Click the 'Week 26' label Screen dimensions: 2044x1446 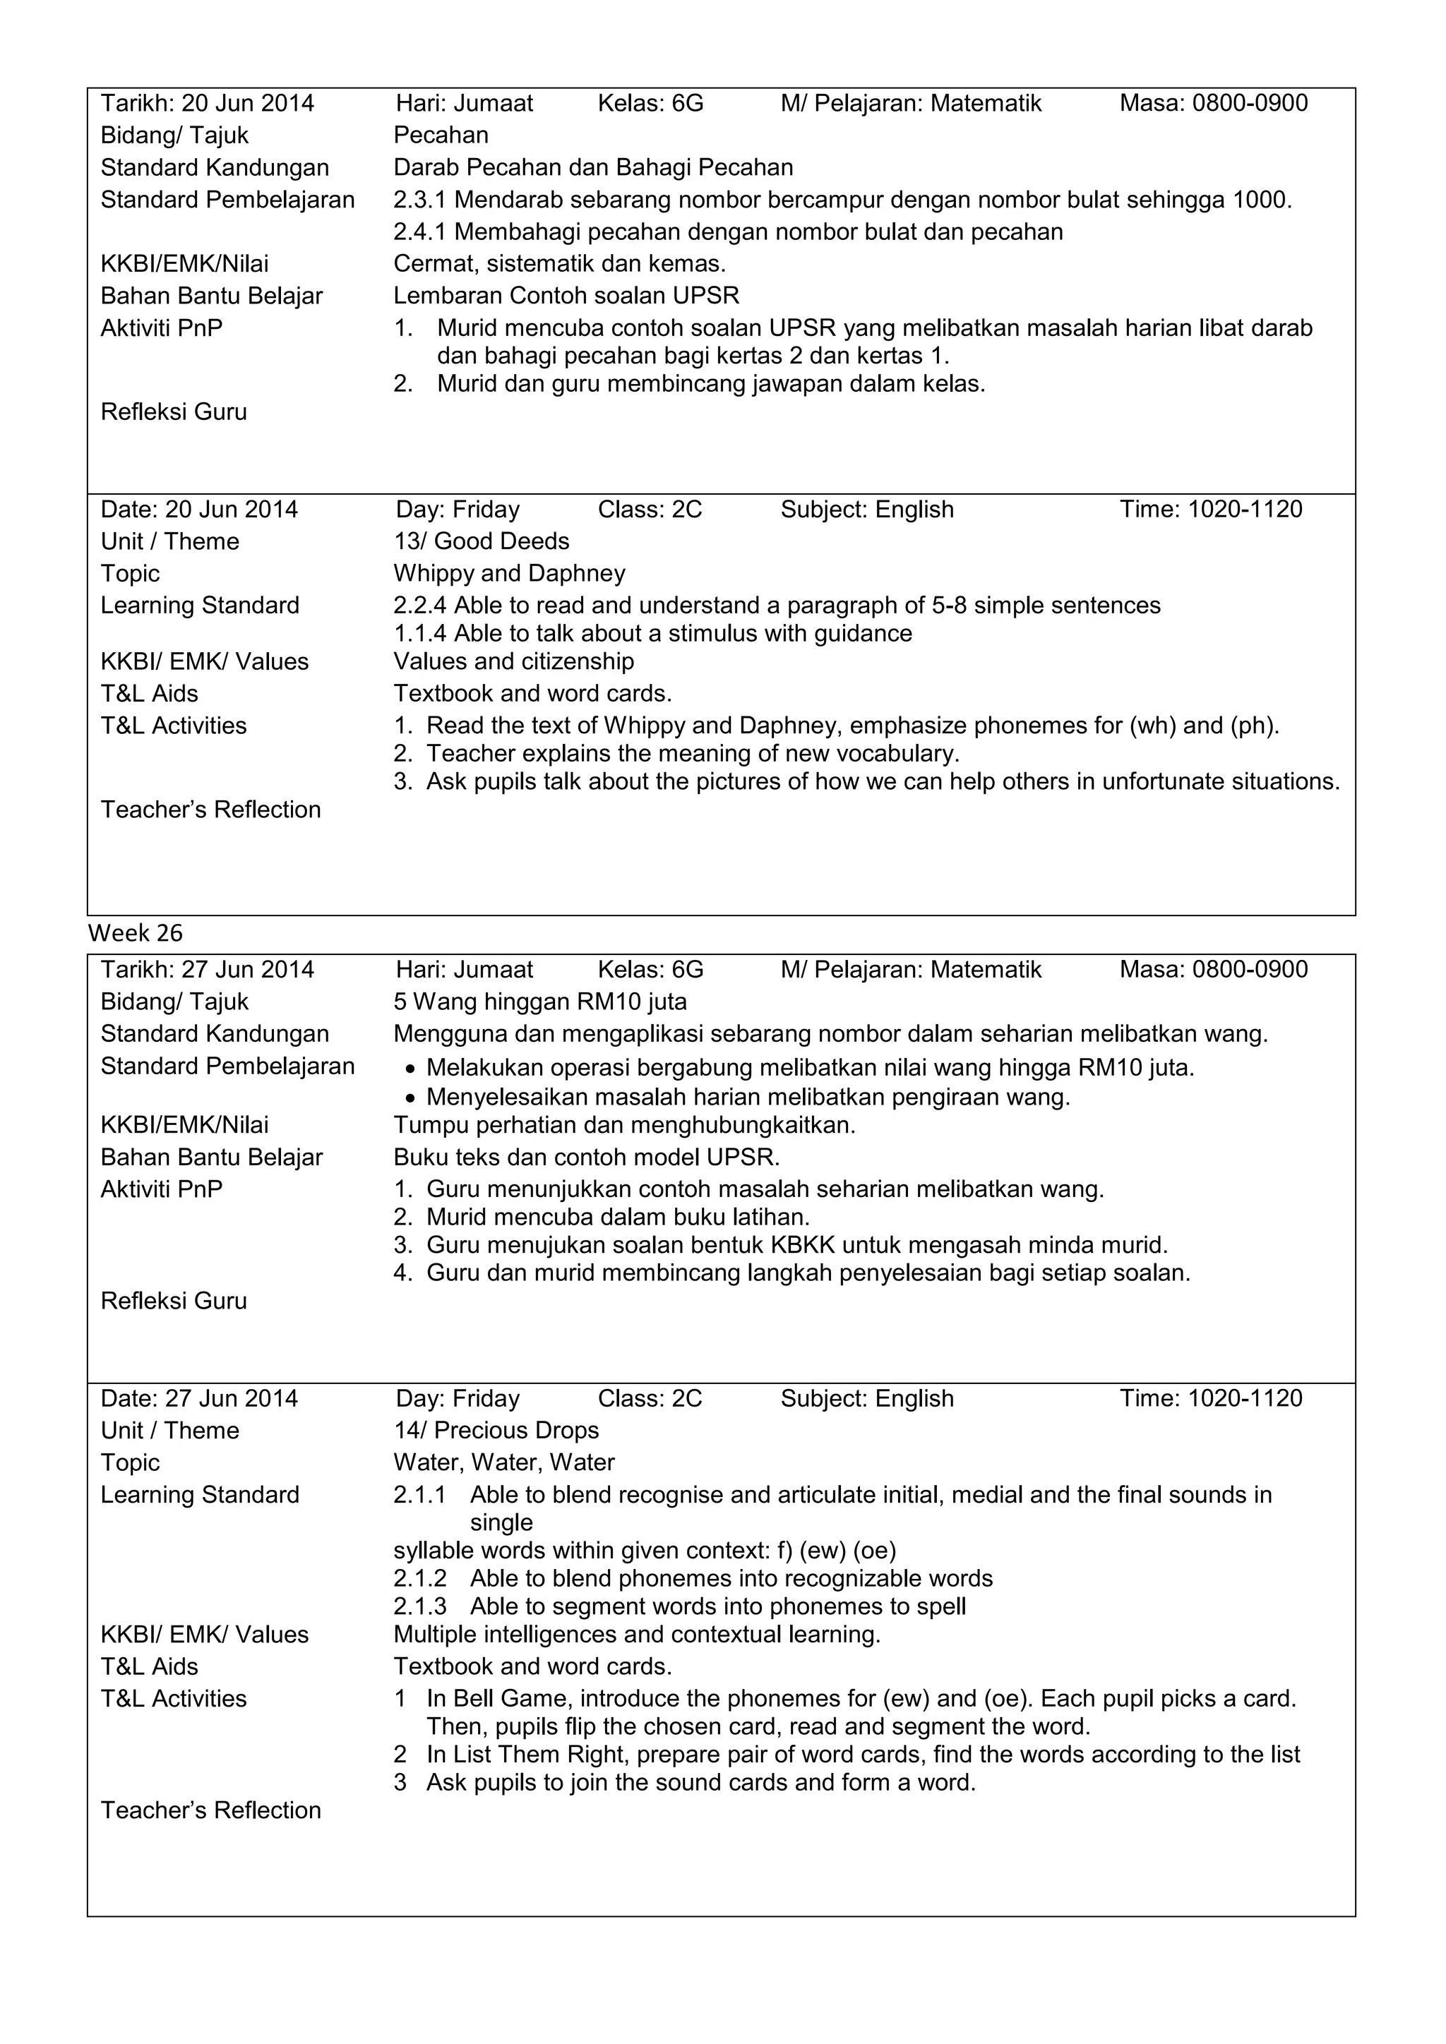click(136, 933)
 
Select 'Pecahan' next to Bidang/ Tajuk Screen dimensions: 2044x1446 click(441, 136)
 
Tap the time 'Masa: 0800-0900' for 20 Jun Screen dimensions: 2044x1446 click(1213, 103)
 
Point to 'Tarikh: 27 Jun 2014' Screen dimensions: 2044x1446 click(208, 970)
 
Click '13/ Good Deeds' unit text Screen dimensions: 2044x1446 click(482, 541)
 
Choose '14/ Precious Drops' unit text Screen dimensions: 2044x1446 click(496, 1431)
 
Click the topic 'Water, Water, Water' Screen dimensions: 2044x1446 click(504, 1462)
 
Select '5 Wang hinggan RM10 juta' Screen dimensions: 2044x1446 click(540, 1002)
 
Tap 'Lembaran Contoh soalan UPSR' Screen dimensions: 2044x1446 click(566, 296)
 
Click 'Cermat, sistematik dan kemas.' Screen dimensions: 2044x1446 click(559, 263)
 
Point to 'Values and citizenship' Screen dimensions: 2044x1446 click(514, 661)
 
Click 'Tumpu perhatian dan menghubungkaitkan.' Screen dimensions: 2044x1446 click(624, 1125)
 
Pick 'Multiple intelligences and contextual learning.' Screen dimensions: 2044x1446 click(637, 1635)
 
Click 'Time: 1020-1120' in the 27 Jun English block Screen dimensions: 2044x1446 click(1210, 1399)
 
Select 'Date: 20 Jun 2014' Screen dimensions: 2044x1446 click(198, 509)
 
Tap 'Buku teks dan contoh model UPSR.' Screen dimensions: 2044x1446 click(586, 1158)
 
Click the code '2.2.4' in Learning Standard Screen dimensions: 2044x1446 click(419, 606)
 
